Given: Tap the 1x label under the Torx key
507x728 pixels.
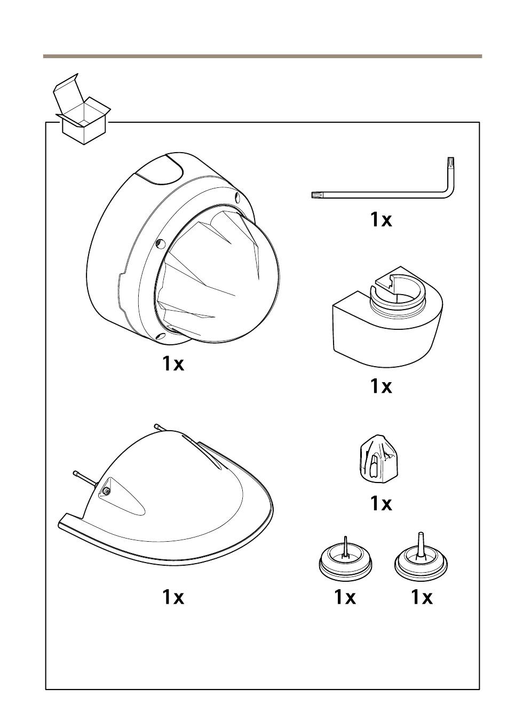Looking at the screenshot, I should click(x=381, y=219).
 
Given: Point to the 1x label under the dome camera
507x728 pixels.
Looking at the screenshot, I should click(x=173, y=363).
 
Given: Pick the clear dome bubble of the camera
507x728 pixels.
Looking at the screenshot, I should click(x=224, y=278).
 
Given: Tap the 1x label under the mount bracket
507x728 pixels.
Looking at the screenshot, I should click(x=381, y=386).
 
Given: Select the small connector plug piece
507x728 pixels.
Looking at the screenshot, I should click(x=378, y=458).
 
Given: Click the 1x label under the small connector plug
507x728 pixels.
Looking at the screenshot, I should click(x=381, y=503).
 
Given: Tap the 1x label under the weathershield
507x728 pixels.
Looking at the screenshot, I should click(x=173, y=597).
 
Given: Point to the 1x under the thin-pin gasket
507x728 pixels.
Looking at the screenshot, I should click(x=345, y=597).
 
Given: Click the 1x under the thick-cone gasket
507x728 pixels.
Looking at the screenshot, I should click(x=422, y=597).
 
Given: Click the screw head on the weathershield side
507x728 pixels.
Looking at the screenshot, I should click(x=107, y=491).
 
